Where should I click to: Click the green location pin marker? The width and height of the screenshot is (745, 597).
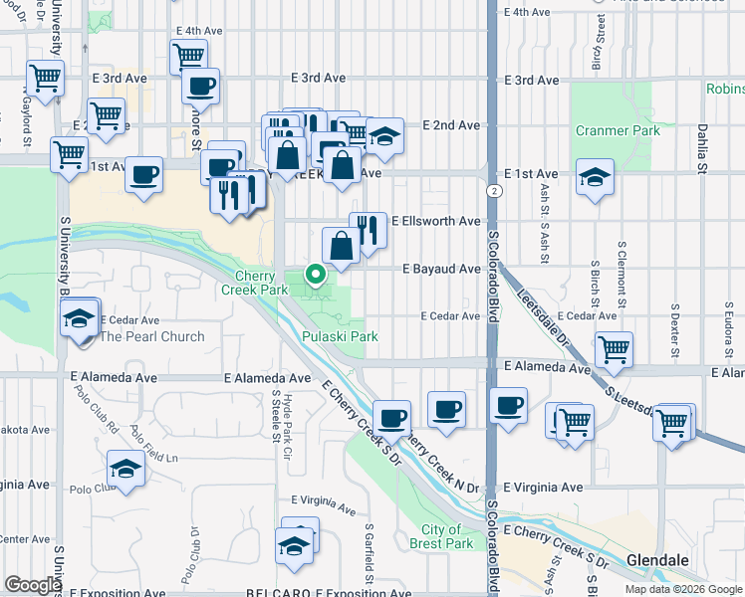click(316, 273)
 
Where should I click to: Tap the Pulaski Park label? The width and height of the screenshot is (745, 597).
click(340, 336)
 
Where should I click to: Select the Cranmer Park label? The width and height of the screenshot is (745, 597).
click(617, 130)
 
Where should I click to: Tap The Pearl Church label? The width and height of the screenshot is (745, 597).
click(151, 336)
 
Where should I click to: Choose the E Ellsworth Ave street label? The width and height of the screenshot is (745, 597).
click(436, 221)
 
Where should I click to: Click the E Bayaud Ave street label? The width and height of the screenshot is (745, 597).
click(441, 269)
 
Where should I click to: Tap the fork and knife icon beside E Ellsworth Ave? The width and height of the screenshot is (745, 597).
click(368, 232)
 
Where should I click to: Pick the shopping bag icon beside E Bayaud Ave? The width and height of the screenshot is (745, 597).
click(341, 246)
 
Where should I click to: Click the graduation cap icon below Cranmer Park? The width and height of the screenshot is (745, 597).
click(595, 178)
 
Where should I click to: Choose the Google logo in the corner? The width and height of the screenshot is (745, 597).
click(33, 585)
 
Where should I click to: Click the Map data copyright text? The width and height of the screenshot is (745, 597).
click(683, 589)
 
